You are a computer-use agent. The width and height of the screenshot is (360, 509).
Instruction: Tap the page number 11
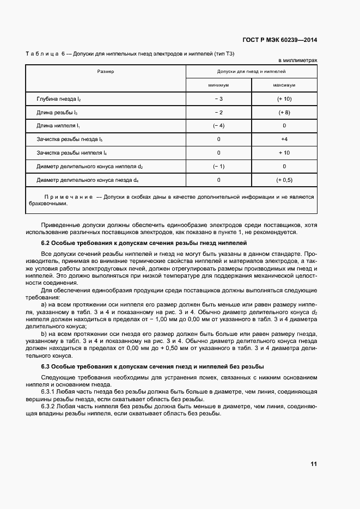313,464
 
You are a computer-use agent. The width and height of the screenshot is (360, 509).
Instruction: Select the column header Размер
106,71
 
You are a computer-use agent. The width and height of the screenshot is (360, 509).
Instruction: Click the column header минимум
218,85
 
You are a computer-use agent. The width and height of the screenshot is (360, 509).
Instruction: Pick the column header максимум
284,85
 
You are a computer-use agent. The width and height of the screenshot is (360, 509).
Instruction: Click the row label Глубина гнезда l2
58,99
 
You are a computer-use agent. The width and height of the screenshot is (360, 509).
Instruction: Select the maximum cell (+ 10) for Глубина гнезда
284,99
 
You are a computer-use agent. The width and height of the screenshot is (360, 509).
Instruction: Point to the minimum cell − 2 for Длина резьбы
218,112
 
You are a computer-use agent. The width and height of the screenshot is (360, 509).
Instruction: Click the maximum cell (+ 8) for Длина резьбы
284,112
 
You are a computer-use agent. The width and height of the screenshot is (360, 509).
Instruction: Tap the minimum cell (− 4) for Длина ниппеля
218,126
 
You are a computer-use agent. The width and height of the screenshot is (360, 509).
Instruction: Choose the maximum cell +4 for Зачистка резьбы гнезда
284,139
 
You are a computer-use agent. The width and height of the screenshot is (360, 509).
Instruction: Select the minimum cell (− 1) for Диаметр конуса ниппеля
218,167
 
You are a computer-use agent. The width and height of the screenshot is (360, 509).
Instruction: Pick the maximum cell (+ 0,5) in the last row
284,180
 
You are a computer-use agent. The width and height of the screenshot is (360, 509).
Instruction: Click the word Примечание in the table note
68,197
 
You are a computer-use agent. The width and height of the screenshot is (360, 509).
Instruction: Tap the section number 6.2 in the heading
46,243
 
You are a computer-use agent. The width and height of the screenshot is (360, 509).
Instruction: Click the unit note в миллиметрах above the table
297,60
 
